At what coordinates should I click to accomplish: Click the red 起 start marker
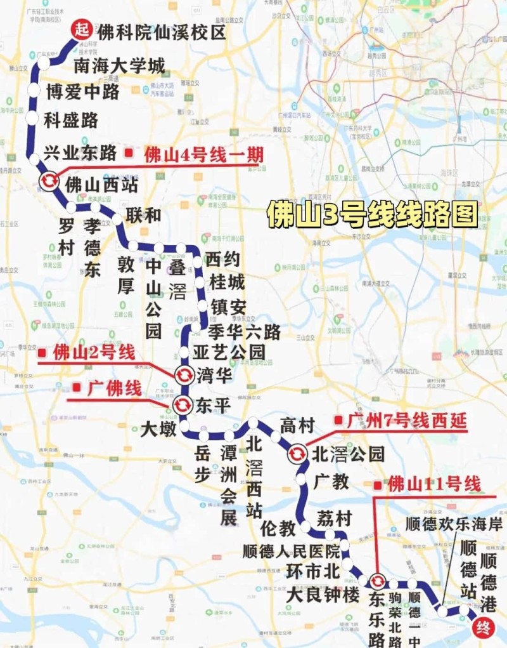coord(81,29)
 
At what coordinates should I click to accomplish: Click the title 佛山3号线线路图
coord(371,215)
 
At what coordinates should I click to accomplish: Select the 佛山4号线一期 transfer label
coord(203,155)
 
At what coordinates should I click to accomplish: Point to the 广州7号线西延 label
coord(406,421)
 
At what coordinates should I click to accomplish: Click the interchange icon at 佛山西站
coord(49,181)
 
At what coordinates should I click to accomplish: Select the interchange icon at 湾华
coord(184,374)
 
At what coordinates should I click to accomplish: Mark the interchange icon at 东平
coord(182,404)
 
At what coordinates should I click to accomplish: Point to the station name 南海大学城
coord(119,65)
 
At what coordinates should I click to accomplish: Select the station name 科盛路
coord(71,119)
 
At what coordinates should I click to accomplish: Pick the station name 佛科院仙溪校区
coord(162,32)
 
